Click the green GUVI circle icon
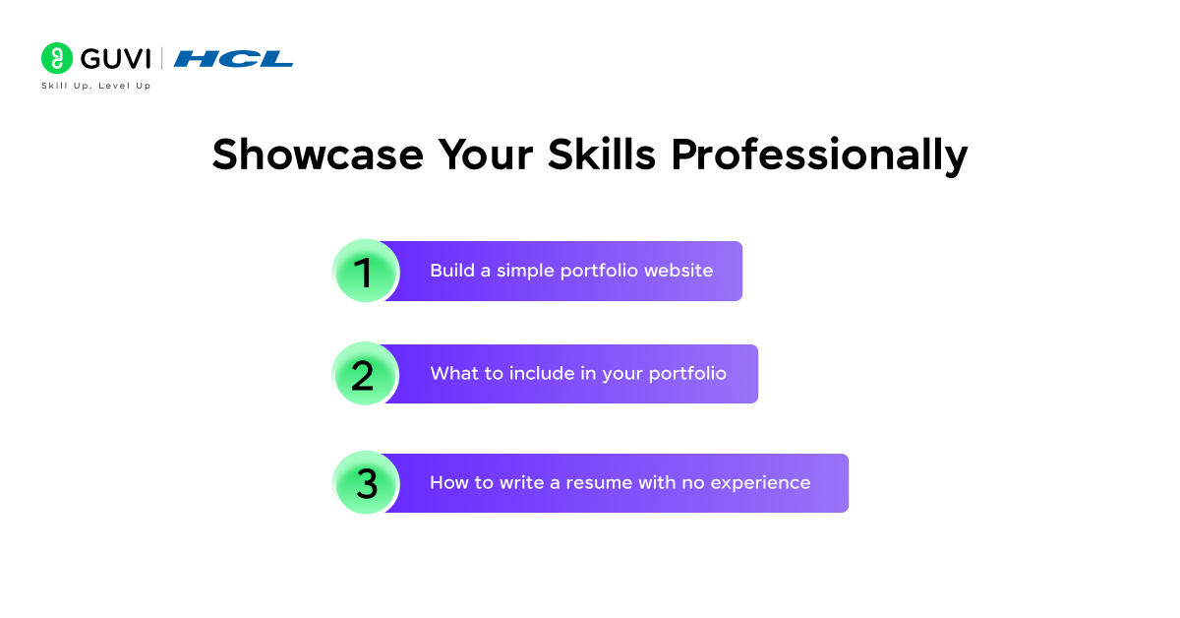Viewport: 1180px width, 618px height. tap(57, 58)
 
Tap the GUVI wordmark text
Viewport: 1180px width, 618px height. tap(115, 58)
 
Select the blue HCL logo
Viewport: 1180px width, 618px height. tap(233, 58)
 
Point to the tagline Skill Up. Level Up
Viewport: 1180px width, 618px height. tap(96, 86)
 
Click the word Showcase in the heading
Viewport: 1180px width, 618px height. tap(318, 155)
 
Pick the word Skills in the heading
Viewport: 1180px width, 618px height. tap(600, 155)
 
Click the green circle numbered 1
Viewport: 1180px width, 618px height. tap(366, 272)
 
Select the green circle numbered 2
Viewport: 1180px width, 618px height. tap(365, 375)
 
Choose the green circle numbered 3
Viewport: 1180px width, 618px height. tap(366, 483)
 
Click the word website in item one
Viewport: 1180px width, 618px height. tap(678, 271)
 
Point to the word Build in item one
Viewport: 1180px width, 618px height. tap(451, 271)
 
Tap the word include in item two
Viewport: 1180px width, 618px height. tap(543, 374)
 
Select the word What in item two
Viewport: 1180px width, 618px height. tap(451, 374)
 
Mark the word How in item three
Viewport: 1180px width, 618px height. tap(448, 483)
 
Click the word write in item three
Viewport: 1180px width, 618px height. tap(523, 483)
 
